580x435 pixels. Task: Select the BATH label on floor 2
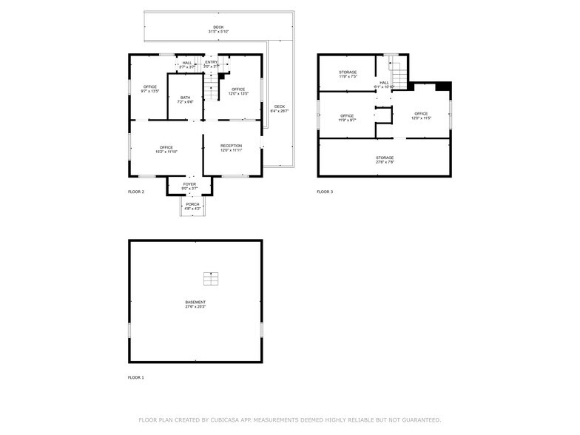tap(185, 99)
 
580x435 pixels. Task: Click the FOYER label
tap(190, 186)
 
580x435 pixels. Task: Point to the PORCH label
tap(192, 206)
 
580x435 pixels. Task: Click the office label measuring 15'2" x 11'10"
tap(166, 149)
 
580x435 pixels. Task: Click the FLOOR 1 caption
tap(136, 377)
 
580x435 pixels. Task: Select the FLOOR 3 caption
tap(325, 192)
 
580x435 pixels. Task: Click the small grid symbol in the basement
tap(212, 279)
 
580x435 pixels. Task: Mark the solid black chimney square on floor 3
tap(442, 87)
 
